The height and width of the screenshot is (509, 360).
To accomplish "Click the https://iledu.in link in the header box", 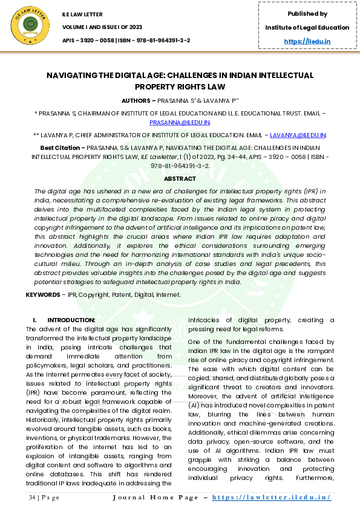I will coord(307,41).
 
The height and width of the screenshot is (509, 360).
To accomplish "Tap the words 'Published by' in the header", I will coord(307,14).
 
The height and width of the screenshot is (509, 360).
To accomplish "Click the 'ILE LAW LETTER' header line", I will coord(82,14).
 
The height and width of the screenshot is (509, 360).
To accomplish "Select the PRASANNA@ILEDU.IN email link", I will coord(180,122).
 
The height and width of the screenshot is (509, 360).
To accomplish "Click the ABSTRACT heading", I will coord(180,178).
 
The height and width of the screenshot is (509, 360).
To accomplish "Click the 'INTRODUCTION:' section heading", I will coord(71,320).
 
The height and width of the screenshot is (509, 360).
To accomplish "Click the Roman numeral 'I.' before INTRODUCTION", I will coord(35,320).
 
